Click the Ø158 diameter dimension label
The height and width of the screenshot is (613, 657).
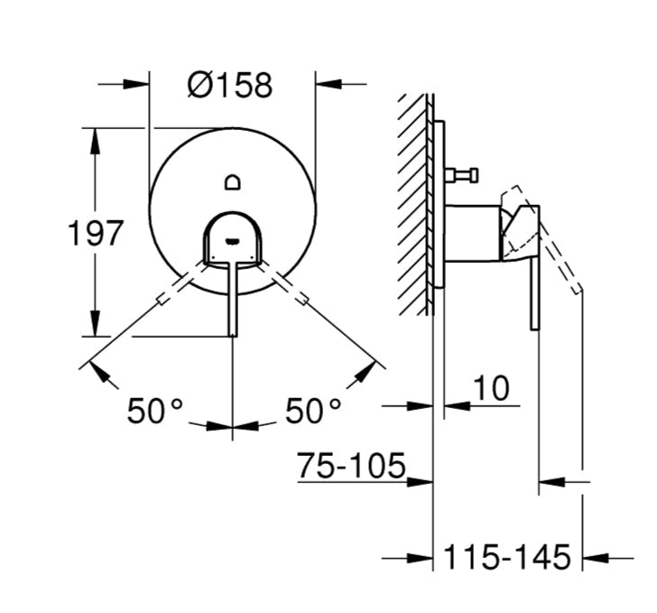click(x=230, y=86)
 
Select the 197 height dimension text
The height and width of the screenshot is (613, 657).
click(x=96, y=233)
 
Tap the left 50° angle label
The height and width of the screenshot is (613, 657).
click(x=155, y=411)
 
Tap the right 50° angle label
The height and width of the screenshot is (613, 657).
click(x=313, y=411)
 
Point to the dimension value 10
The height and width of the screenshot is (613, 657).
click(x=491, y=388)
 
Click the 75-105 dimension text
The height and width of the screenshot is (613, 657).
click(x=352, y=466)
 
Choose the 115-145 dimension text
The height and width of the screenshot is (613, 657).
click(x=506, y=558)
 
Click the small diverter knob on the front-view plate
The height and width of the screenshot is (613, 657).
click(x=233, y=182)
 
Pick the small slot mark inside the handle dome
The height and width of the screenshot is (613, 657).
click(x=233, y=241)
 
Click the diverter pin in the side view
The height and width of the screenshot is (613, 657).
click(x=461, y=175)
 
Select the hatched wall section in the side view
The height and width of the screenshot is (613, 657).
click(x=412, y=205)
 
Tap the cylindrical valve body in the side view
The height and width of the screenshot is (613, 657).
click(x=472, y=233)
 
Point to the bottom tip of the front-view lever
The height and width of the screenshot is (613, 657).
click(x=233, y=336)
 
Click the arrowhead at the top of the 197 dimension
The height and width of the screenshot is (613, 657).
click(x=96, y=141)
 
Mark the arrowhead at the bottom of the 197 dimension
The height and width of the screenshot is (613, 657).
click(x=96, y=323)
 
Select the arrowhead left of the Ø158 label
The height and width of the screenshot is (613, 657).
click(x=136, y=84)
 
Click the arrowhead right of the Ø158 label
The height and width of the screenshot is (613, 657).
click(x=328, y=84)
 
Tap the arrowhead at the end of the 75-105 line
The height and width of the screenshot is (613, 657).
click(x=420, y=482)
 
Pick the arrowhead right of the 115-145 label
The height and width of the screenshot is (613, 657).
click(x=596, y=558)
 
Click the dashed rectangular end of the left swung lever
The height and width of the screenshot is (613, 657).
click(x=162, y=301)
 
